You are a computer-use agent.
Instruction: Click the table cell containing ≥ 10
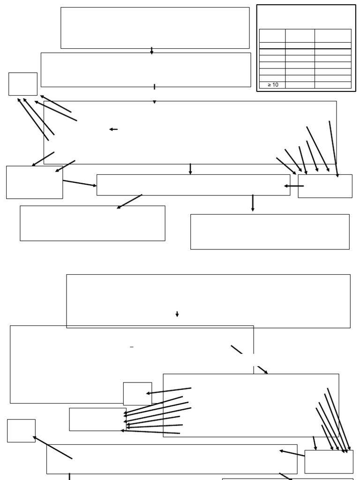point(272,85)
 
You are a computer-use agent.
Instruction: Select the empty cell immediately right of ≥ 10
point(300,85)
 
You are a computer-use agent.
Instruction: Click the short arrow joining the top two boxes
point(151,51)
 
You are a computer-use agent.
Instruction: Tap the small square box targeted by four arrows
point(23,84)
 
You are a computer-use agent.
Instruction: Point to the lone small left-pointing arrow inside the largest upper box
point(113,129)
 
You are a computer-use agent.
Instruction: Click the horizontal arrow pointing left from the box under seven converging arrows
point(294,186)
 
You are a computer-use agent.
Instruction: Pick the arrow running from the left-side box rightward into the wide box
point(80,183)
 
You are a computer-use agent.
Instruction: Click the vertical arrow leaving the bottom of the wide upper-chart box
point(253,202)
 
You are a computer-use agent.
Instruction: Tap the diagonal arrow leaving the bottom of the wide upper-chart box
point(129,202)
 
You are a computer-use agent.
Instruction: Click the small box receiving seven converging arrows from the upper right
point(325,186)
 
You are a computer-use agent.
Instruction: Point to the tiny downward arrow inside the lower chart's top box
point(177,314)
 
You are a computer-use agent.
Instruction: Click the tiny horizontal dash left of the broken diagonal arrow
point(132,347)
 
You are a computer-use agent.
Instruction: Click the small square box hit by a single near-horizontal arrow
point(137,394)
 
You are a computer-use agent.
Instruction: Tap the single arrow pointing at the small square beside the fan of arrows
point(169,391)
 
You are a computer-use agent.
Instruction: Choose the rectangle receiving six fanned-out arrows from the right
point(97,419)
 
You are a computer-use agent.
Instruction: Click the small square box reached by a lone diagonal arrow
point(21,430)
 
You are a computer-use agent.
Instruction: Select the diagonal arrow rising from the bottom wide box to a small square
point(52,448)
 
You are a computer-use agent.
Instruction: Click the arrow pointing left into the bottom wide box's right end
point(292,453)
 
